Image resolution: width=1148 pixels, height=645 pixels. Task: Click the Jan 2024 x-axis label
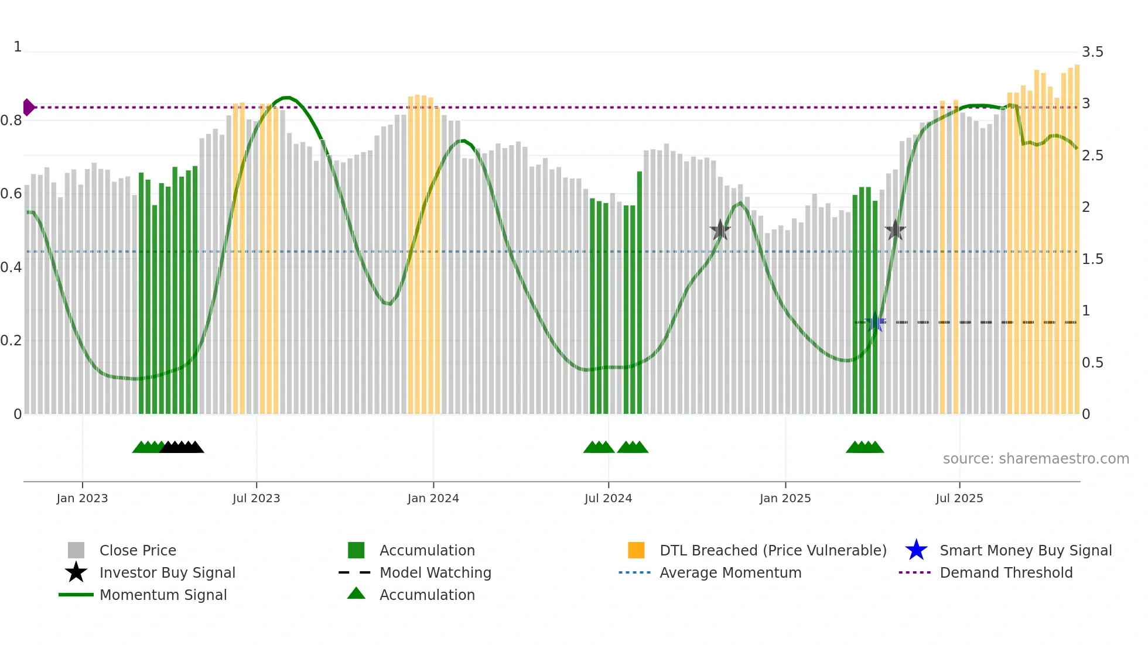(x=433, y=498)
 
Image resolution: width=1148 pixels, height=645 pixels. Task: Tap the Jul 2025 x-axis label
(x=959, y=498)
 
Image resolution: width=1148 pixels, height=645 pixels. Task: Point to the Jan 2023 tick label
(x=82, y=498)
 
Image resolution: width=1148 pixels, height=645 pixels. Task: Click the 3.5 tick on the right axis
(x=1092, y=52)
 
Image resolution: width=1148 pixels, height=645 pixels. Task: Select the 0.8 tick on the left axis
(x=11, y=121)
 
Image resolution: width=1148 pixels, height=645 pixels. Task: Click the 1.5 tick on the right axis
(x=1092, y=259)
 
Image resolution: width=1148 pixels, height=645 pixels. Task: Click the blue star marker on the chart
(x=876, y=322)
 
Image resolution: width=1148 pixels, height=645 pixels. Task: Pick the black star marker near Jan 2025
(x=720, y=230)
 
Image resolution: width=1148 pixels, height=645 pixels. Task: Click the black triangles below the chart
(x=182, y=447)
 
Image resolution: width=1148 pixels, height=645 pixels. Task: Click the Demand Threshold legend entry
(x=1006, y=572)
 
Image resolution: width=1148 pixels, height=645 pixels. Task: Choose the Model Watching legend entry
(x=435, y=572)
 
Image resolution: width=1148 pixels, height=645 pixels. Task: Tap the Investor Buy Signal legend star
(x=76, y=572)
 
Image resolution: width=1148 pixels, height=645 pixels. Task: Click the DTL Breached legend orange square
(x=636, y=550)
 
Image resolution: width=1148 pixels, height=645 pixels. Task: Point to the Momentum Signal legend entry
(x=163, y=595)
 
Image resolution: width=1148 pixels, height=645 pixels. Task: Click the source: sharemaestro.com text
(x=1036, y=458)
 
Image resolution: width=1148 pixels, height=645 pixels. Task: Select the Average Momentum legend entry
(x=730, y=572)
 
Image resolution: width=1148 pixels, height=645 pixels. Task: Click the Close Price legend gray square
(x=76, y=550)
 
